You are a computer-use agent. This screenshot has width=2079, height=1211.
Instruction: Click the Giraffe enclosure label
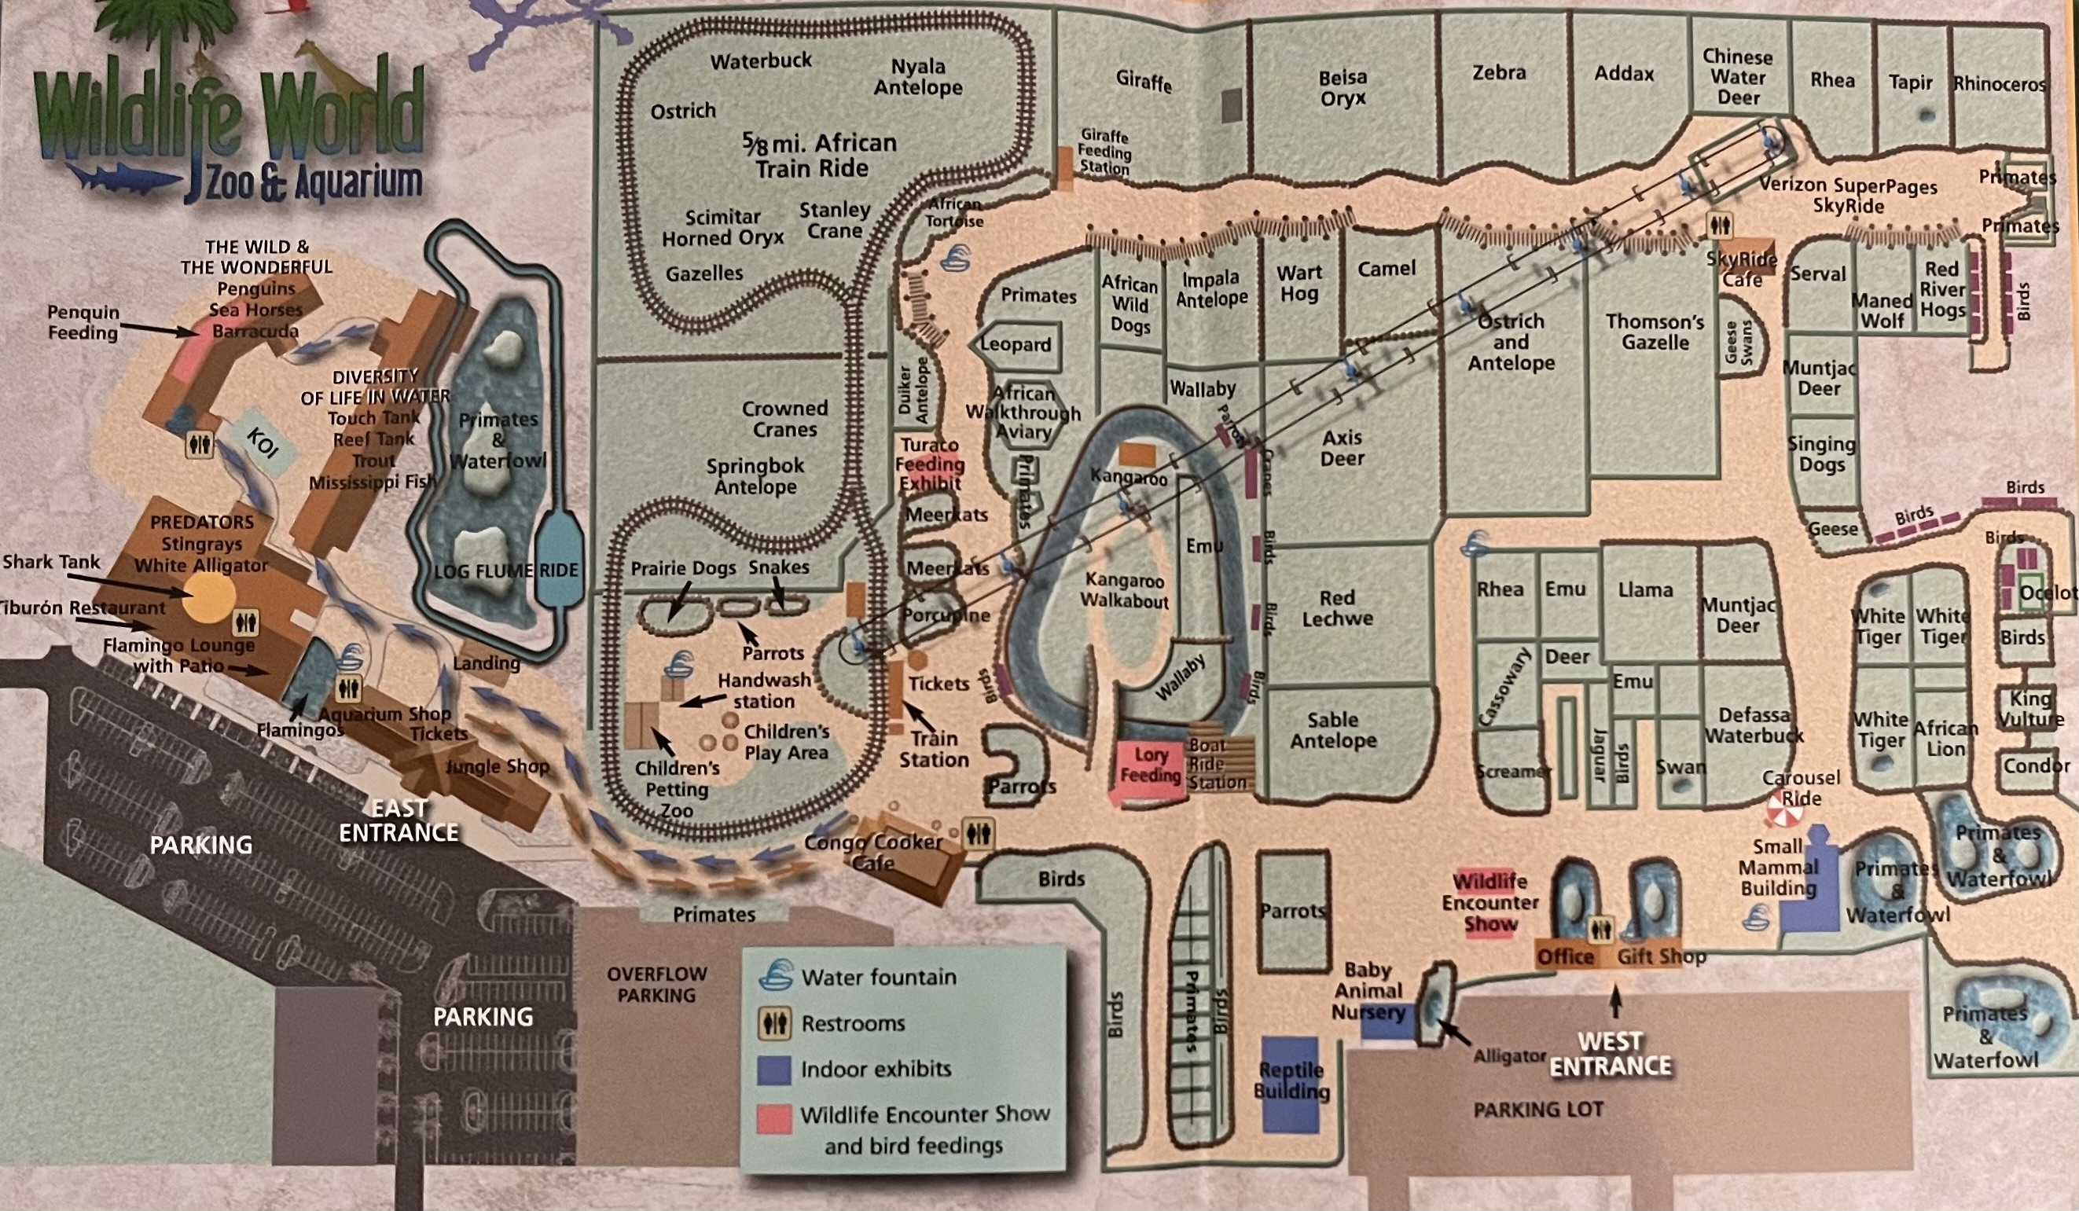[1144, 80]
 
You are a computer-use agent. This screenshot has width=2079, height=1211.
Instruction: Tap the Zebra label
[1499, 72]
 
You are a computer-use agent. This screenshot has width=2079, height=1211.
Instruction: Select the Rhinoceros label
[1999, 84]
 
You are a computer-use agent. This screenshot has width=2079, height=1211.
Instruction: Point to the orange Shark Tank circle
[208, 597]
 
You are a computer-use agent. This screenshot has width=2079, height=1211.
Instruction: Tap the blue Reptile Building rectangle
[1291, 1082]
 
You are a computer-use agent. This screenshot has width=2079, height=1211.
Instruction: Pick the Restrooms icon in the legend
[774, 1023]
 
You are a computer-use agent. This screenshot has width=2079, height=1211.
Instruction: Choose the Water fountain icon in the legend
[774, 975]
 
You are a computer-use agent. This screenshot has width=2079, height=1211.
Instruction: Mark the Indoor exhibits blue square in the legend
[774, 1070]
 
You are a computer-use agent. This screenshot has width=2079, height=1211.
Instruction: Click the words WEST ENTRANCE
[1610, 1054]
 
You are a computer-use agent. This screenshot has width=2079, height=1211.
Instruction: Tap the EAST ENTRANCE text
[399, 820]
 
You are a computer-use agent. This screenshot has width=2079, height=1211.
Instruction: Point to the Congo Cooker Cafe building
[908, 858]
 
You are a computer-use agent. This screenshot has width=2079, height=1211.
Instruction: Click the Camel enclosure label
[1386, 268]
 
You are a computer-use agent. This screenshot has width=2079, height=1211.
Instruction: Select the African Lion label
[1945, 739]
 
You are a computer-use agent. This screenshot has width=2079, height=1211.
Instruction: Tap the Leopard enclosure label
[1016, 344]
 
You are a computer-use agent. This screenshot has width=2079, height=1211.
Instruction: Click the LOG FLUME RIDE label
[505, 570]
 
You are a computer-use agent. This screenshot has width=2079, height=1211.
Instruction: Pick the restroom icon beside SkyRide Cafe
[1719, 225]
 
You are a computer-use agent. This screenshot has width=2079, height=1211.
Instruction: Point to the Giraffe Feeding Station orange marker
[1064, 163]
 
